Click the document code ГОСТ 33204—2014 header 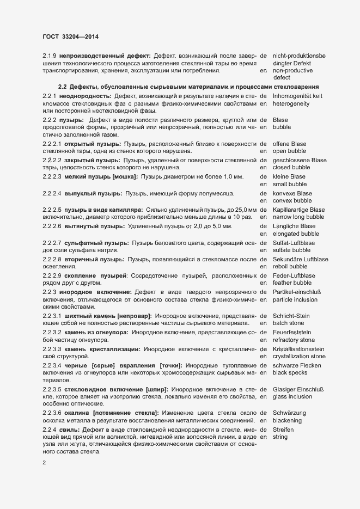[70, 36]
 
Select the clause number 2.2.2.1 [52, 143]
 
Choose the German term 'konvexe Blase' [292, 193]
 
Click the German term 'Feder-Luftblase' [294, 276]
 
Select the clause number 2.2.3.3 [52, 348]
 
